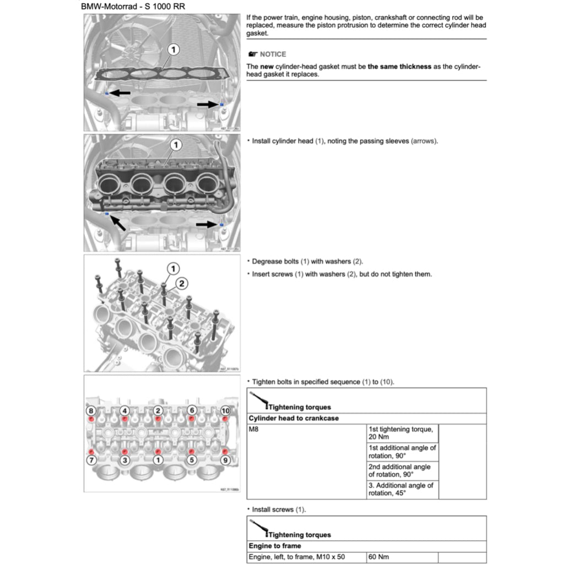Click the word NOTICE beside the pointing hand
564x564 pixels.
coord(273,54)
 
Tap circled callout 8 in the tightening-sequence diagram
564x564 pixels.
coord(91,410)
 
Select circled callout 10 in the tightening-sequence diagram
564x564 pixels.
coord(225,410)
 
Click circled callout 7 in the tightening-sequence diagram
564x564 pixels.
coord(91,459)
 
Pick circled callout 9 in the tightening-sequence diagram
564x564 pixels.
coord(225,459)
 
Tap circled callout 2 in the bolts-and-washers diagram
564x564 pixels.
coord(182,283)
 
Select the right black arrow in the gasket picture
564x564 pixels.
coord(207,104)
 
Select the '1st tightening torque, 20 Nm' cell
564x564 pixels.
coord(402,433)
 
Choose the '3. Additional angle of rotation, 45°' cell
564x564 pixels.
coord(402,489)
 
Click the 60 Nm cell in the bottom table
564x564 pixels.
coord(379,557)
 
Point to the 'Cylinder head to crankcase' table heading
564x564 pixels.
coord(294,418)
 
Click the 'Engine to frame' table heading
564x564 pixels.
coord(275,546)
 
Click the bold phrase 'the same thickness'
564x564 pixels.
coord(399,67)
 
